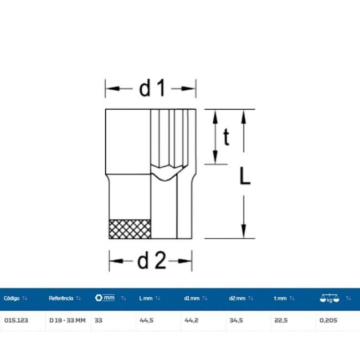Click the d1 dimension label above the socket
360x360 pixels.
152,88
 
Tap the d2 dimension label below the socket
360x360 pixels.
152,260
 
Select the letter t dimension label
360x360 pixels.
226,137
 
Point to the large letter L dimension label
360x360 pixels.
245,176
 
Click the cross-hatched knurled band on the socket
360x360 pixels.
130,229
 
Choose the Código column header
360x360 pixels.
12,298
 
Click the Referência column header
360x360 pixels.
61,298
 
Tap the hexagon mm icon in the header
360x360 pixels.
105,298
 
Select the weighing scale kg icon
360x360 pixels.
330,298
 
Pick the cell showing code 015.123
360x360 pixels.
16,320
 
